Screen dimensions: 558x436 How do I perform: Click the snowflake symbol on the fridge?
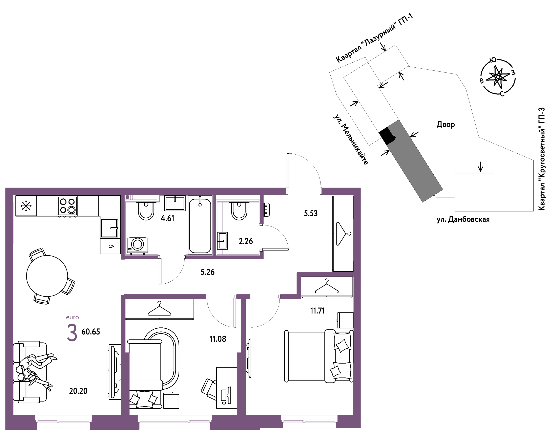coord(26,206)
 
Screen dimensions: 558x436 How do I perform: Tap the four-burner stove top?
coord(67,206)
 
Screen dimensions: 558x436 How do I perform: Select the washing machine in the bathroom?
coord(138,245)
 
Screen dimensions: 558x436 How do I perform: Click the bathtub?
coord(200,225)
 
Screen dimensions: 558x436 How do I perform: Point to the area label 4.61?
coord(168,218)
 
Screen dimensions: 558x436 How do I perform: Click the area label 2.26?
coord(246,241)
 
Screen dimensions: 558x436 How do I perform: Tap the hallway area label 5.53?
coord(311,213)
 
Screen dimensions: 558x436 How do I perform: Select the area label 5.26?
coord(207,272)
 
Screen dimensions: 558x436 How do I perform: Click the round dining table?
coord(47,276)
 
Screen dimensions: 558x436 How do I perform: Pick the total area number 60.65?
coord(91,331)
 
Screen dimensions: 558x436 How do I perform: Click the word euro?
coord(72,317)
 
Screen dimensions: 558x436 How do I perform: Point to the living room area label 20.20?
coord(78,391)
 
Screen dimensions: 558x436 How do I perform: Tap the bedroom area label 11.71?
coord(317,311)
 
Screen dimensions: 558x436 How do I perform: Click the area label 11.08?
coord(218,339)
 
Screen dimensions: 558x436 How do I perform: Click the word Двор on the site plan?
coord(446,124)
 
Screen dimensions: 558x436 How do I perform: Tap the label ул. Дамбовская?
coord(463,219)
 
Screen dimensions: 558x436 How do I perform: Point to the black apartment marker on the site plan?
coord(387,136)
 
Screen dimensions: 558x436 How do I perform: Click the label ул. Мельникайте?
coord(351,139)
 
